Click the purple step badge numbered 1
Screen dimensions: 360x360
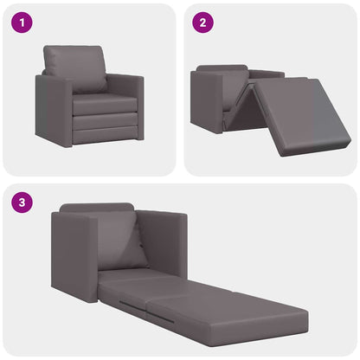click(22, 22)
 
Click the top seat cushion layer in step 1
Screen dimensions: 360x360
click(104, 104)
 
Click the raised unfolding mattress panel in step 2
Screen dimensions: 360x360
click(303, 112)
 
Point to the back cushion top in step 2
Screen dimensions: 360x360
click(222, 69)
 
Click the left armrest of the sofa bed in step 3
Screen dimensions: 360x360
click(74, 255)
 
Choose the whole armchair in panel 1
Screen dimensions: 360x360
click(89, 95)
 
